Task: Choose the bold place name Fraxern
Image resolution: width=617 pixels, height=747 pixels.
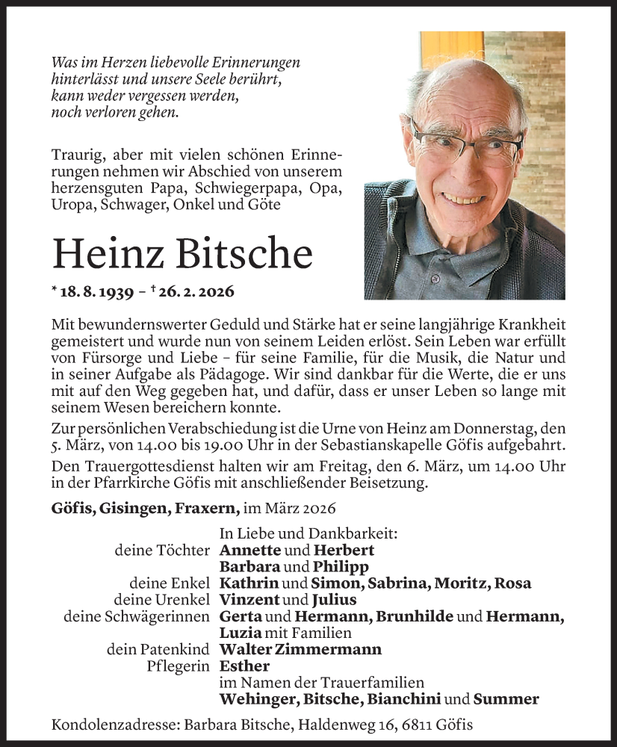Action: tap(208, 508)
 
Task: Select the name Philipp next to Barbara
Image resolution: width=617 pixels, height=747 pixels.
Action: tap(321, 566)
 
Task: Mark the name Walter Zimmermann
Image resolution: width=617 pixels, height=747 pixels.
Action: tap(300, 649)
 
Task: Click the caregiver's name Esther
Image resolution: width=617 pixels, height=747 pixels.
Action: tap(244, 666)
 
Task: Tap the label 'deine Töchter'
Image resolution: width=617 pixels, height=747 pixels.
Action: tap(162, 550)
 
